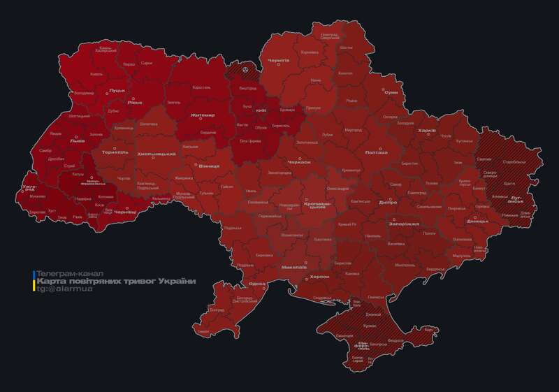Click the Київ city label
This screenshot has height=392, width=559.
pos(260,110)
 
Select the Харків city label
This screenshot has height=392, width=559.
pos(426,131)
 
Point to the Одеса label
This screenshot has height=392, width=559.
pos(257,284)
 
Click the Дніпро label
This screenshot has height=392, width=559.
pos(389,202)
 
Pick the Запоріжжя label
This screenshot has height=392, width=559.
pos(403,224)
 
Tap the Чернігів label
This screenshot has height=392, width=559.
pos(278,61)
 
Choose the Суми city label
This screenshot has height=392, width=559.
pos(391,92)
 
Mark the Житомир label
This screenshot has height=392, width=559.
pos(203,115)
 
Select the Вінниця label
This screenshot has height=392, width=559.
pos(209,166)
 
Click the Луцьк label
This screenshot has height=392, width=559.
pos(117,91)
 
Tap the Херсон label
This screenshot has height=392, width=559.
pos(319,277)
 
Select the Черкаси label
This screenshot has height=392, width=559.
pos(299,162)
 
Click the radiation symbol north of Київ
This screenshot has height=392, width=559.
pos(245,68)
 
